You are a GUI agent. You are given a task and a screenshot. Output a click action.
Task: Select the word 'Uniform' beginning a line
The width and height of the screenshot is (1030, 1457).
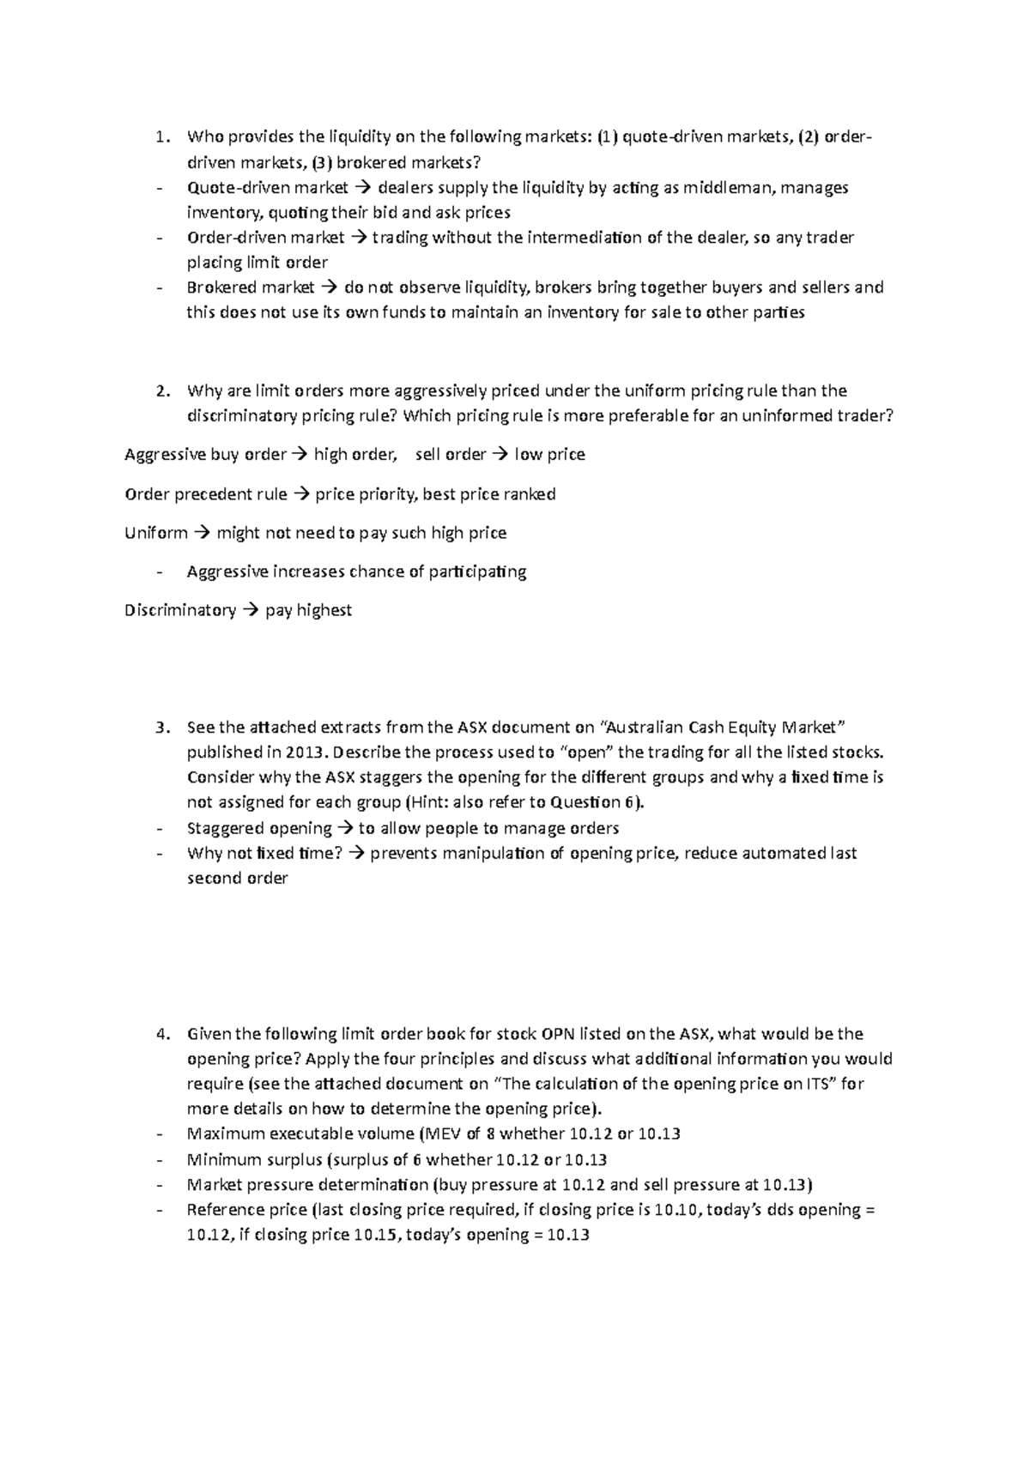coord(155,533)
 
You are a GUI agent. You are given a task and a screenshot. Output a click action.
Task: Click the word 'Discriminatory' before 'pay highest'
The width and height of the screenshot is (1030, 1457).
coord(179,610)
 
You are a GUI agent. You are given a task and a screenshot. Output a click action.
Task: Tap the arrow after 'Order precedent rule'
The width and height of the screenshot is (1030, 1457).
coord(301,494)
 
